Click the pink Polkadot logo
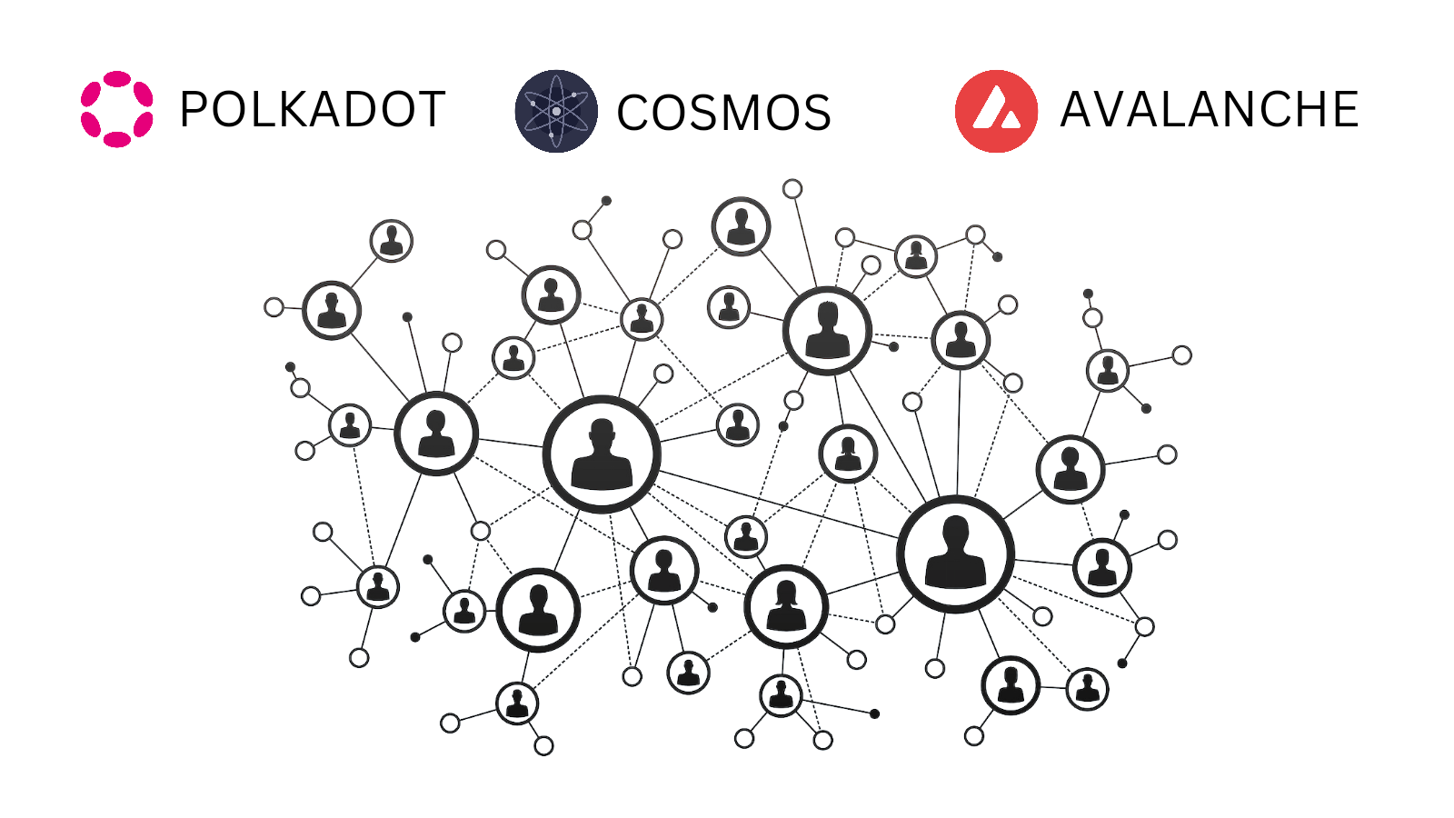pyautogui.click(x=116, y=109)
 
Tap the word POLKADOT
pyautogui.click(x=312, y=110)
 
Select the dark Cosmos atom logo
pyautogui.click(x=556, y=111)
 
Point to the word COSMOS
pyautogui.click(x=723, y=114)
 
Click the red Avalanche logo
pyautogui.click(x=996, y=111)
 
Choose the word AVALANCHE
pyautogui.click(x=1209, y=110)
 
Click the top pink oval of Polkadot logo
pyautogui.click(x=116, y=78)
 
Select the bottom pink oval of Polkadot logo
pyautogui.click(x=116, y=139)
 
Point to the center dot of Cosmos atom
pyautogui.click(x=556, y=111)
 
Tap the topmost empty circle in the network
pyautogui.click(x=792, y=189)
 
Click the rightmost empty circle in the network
pyautogui.click(x=1181, y=355)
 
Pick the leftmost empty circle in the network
pyautogui.click(x=274, y=307)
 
